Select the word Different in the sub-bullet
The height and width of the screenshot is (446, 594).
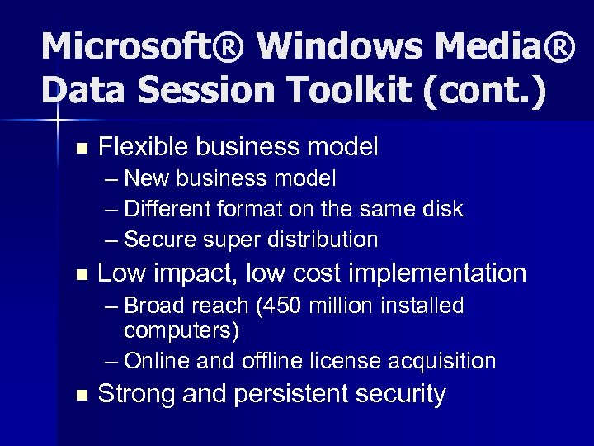167,210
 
